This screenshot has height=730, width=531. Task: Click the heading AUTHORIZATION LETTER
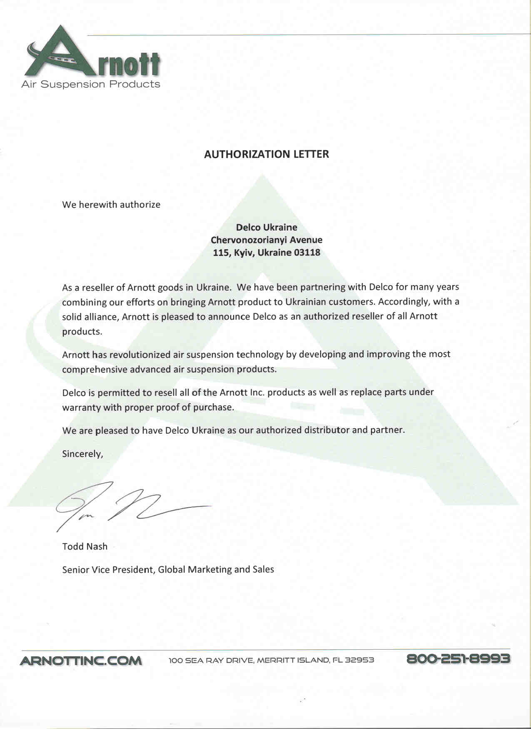[266, 154]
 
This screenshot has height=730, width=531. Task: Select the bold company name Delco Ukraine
[267, 227]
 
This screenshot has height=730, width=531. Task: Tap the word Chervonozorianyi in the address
[245, 240]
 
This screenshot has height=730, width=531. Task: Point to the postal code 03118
[307, 253]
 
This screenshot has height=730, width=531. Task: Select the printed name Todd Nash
[85, 546]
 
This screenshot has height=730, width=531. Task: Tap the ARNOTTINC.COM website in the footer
[81, 660]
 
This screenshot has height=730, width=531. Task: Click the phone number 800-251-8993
[458, 659]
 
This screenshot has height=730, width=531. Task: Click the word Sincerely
[82, 454]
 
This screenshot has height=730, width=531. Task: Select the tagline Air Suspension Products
[90, 84]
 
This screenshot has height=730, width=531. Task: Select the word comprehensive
[95, 370]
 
